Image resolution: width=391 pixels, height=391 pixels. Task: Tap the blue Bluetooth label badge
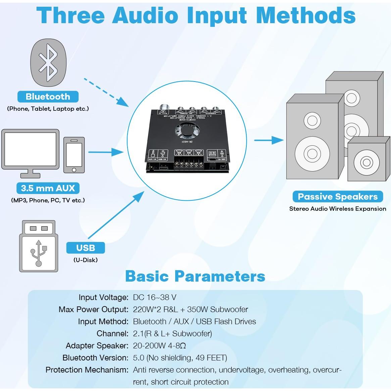coord(48,97)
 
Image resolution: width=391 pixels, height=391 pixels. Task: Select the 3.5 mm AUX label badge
coord(48,188)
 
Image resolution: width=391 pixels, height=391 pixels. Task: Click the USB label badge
coord(86,248)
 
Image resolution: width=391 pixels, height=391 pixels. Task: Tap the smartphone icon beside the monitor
coord(74,155)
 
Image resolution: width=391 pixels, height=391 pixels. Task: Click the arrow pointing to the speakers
coord(269,140)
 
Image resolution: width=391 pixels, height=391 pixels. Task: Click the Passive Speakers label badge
coord(338,196)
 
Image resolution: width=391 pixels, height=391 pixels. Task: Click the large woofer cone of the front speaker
coord(312,153)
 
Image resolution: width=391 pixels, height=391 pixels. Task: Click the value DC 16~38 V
coord(155,297)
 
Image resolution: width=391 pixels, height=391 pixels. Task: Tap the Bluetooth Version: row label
coord(95,358)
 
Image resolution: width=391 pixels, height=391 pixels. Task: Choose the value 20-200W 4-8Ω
coord(159,346)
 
